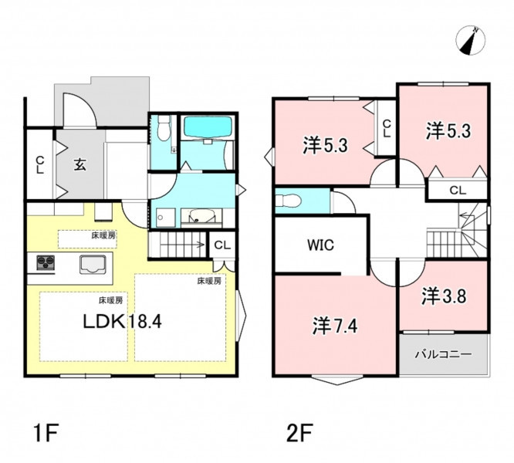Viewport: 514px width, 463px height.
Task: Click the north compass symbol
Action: [x=471, y=41]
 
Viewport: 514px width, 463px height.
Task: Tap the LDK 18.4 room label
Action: [x=122, y=322]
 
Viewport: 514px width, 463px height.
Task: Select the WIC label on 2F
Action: [x=320, y=245]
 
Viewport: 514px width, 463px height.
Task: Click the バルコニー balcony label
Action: [x=444, y=354]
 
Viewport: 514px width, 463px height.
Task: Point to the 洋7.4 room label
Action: [x=335, y=326]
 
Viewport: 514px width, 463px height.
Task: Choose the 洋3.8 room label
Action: [x=444, y=296]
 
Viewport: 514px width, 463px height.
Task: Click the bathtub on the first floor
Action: [x=208, y=127]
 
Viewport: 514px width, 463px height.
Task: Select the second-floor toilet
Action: [x=288, y=200]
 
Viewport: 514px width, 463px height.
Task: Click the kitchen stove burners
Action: [x=46, y=263]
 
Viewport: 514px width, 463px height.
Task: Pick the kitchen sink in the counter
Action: [x=93, y=265]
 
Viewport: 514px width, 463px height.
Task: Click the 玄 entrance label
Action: [x=80, y=164]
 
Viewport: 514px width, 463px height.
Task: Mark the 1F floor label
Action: [x=46, y=433]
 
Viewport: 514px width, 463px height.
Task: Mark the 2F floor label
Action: [x=299, y=433]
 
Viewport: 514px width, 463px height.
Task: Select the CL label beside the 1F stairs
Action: [x=222, y=245]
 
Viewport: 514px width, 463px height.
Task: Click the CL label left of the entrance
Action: [x=40, y=164]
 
